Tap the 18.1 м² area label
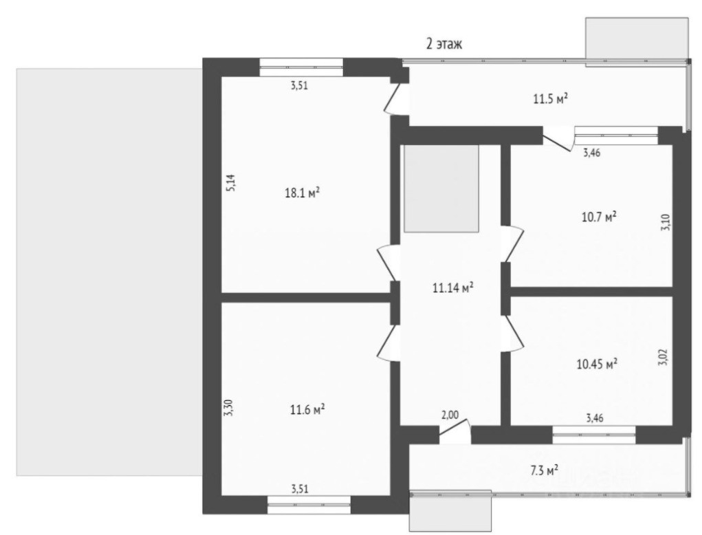point(302,193)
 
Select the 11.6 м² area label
point(307,410)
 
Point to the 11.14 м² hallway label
point(453,289)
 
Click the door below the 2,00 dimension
point(454,434)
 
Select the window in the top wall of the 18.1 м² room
point(301,67)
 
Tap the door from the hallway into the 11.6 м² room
point(390,342)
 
